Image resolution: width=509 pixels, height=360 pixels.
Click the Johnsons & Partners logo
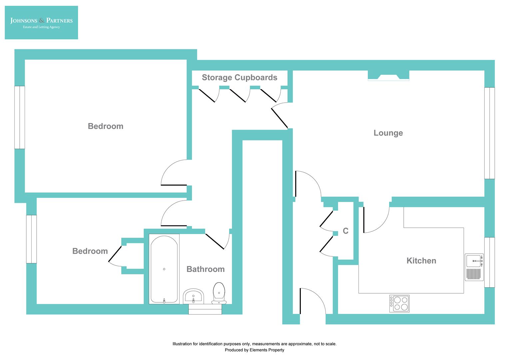click(41, 23)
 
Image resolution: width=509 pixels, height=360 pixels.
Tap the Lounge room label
click(388, 133)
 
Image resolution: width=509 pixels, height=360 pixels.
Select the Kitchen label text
click(421, 261)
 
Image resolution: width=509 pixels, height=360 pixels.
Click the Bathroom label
click(205, 269)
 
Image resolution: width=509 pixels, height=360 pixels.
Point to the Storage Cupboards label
click(240, 78)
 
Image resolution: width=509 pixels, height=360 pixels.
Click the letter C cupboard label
click(345, 231)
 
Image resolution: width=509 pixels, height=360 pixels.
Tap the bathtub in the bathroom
click(164, 269)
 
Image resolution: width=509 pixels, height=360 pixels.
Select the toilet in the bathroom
click(219, 293)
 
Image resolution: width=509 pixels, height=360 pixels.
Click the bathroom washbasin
click(194, 296)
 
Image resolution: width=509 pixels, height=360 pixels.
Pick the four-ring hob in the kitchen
click(399, 303)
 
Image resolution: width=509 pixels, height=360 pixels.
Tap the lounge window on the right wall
click(489, 133)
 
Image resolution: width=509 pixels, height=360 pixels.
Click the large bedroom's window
click(20, 117)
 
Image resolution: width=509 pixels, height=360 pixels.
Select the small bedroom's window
click(31, 239)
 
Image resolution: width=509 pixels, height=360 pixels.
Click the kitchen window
click(489, 262)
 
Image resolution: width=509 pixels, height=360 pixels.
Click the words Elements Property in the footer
click(267, 350)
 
